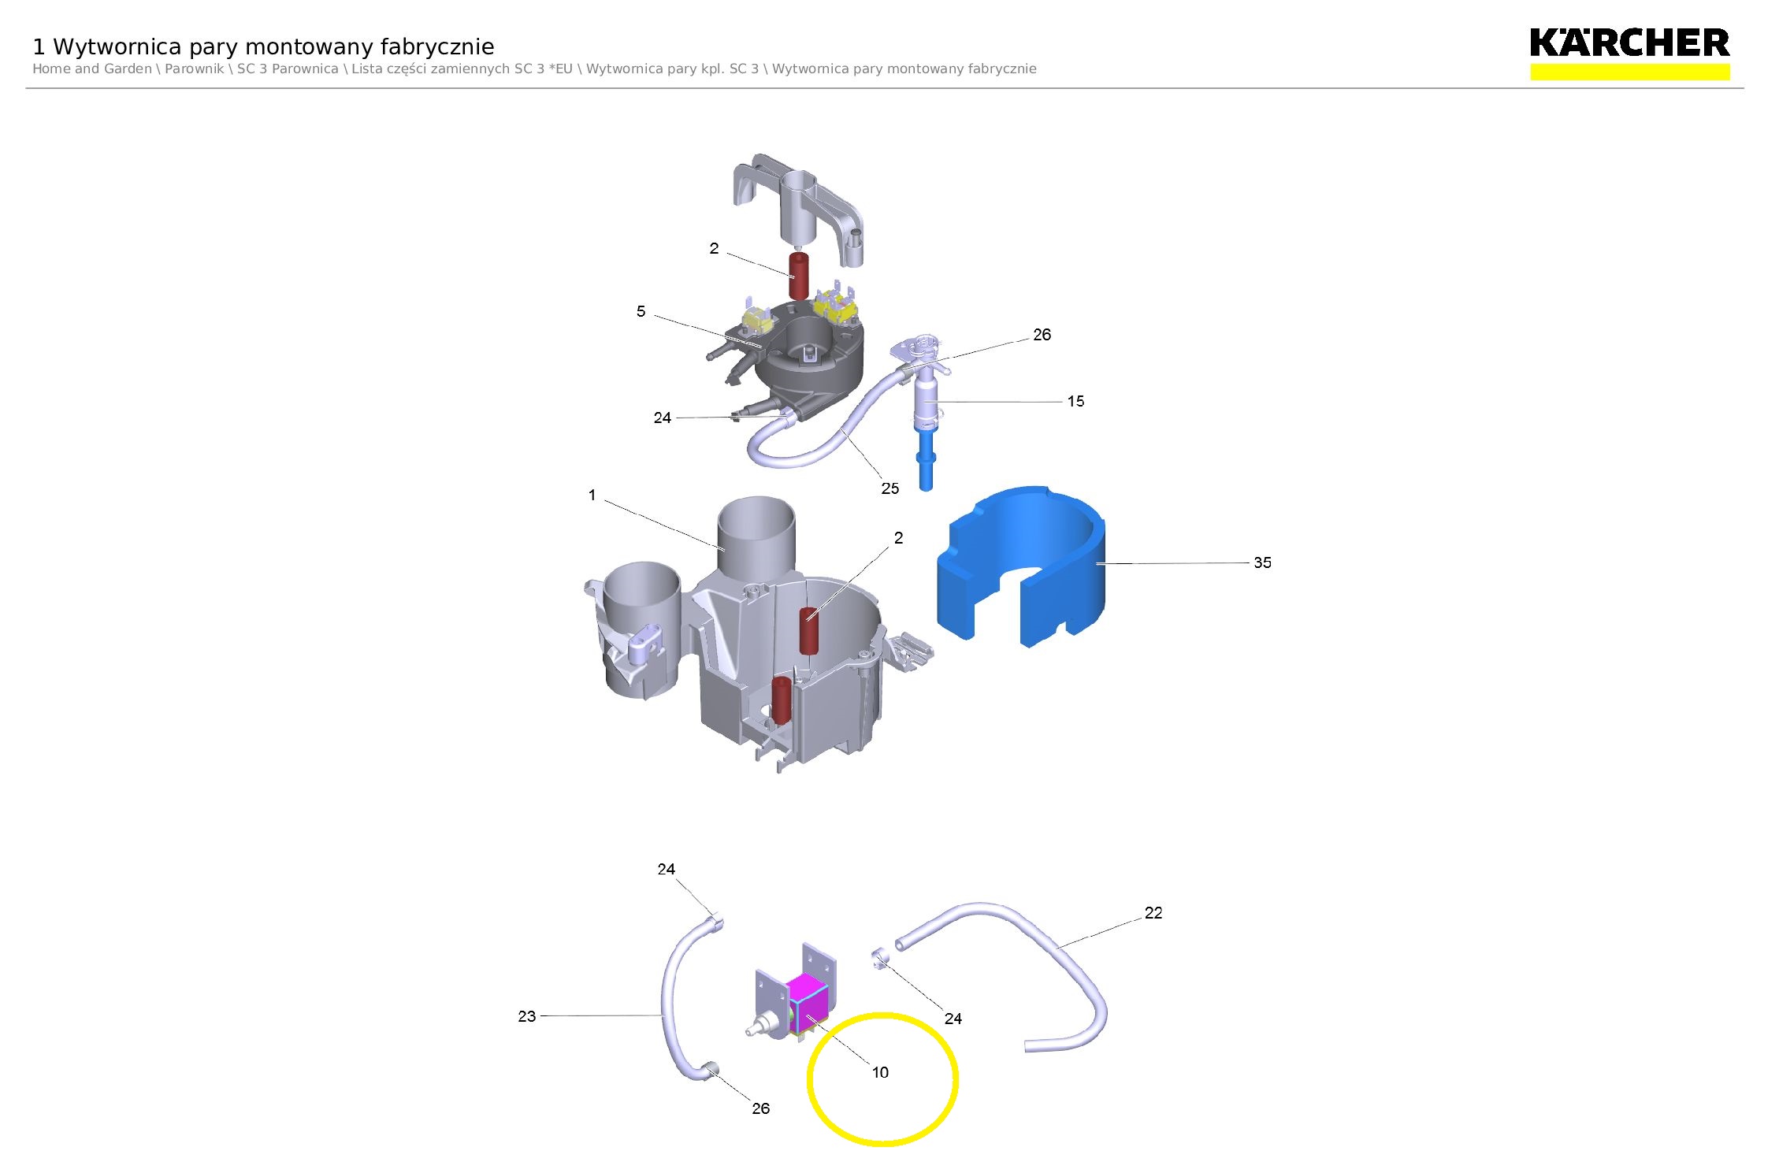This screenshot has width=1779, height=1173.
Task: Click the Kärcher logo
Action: tap(1629, 43)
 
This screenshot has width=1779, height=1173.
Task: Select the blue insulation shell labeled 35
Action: tap(1021, 566)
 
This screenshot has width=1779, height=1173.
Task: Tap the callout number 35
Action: tap(1262, 562)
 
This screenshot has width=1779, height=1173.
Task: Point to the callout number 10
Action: tap(880, 1072)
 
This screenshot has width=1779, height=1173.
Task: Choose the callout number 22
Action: tap(1153, 912)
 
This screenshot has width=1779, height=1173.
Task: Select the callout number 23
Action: tap(526, 1016)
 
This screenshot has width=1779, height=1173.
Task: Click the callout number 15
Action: tap(1075, 401)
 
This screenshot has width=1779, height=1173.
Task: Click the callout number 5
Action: tap(641, 311)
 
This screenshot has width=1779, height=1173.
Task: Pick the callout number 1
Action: tap(592, 495)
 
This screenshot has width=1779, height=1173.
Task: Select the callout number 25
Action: tap(889, 488)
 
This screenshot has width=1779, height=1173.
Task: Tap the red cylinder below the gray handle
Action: tap(799, 277)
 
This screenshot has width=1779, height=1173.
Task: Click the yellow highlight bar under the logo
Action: tap(1629, 72)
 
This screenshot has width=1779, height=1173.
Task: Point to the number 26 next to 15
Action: tap(1042, 335)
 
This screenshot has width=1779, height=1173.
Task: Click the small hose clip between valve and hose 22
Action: tap(880, 959)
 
